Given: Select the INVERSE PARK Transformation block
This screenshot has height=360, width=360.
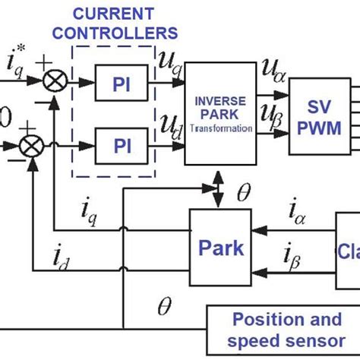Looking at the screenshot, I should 220,115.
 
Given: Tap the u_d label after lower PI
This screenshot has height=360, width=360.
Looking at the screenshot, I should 169,126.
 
